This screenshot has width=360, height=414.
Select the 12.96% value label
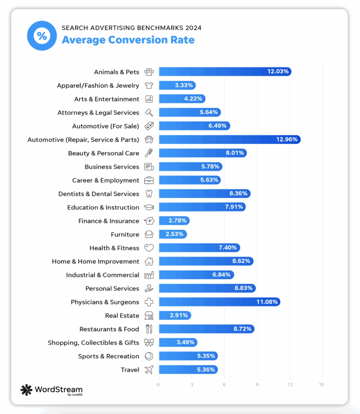pos(287,139)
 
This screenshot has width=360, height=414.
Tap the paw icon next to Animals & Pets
pos(149,72)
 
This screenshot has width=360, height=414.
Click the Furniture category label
pos(125,234)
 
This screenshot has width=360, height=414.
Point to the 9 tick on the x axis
pos(257,384)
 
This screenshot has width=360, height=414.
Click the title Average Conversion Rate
pos(128,40)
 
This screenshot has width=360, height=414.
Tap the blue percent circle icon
pos(42,36)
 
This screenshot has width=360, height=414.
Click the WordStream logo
pos(51,390)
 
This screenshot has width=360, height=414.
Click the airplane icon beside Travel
pos(149,370)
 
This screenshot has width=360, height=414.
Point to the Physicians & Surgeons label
pos(105,302)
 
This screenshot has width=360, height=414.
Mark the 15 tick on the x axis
pos(321,384)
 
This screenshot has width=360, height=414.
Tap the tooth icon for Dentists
pos(149,194)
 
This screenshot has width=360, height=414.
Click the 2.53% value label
pos(174,234)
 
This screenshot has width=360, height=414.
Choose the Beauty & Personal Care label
pos(103,153)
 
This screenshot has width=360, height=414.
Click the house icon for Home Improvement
pos(149,261)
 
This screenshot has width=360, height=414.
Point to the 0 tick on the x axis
pos(158,384)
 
